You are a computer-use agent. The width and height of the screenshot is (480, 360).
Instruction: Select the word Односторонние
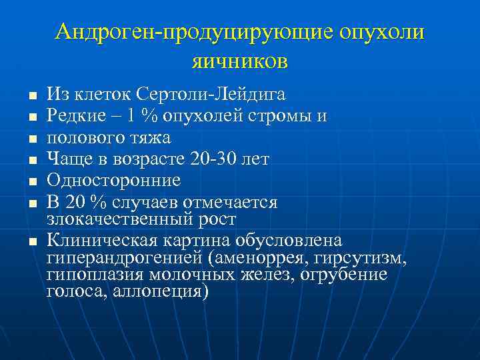point(113,180)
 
